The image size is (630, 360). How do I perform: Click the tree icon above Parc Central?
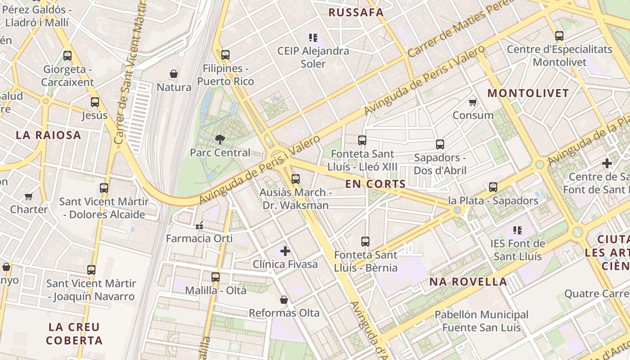(220, 139)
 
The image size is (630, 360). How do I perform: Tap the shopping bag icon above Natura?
(174, 73)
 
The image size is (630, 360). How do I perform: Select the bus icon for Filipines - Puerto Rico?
(225, 55)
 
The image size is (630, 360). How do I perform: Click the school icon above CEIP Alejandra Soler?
(313, 37)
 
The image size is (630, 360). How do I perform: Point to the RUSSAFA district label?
(355, 13)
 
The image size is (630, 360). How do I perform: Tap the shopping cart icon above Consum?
(473, 102)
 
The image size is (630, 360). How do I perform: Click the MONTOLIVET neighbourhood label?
(528, 93)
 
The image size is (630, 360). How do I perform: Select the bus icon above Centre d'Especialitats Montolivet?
(559, 36)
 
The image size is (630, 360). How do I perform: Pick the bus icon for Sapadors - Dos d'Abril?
(440, 144)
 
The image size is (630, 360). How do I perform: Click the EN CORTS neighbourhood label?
(375, 184)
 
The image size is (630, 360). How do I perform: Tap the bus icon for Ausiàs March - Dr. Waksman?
(296, 179)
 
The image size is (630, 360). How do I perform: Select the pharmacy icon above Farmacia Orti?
(199, 225)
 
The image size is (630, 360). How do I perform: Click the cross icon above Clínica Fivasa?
(285, 251)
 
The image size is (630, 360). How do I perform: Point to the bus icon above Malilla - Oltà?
(216, 277)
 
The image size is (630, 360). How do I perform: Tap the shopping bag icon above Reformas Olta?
(284, 299)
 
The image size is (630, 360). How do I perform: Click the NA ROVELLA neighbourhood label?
(468, 282)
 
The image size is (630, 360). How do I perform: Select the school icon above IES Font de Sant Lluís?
(517, 230)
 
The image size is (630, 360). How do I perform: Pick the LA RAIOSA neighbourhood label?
(48, 135)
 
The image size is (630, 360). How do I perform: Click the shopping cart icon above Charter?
(29, 196)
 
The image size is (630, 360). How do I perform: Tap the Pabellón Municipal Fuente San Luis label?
(481, 320)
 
